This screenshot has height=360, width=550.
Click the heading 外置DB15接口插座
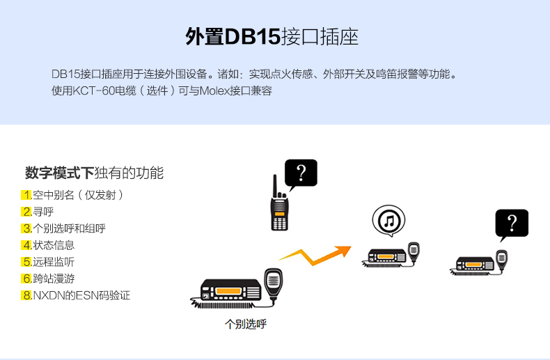point(272,36)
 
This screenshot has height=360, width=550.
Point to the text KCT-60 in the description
point(94,91)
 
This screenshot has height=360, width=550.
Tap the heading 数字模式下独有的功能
point(95,173)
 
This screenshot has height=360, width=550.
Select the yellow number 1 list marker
point(26,195)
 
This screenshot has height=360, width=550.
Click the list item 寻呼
point(43,212)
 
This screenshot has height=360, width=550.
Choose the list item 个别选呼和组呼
point(69,228)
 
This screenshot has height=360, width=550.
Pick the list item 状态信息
point(54,245)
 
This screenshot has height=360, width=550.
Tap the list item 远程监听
point(54,262)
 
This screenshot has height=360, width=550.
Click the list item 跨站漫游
point(54,279)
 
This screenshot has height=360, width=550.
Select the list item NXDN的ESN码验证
point(81,295)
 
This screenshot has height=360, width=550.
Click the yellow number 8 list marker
point(26,295)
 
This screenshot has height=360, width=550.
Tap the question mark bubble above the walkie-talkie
point(301,173)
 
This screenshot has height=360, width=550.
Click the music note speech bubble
point(388,221)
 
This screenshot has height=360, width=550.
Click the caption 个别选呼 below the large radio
point(246,324)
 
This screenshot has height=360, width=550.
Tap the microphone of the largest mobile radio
point(273,283)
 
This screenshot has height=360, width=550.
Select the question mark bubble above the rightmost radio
point(512,224)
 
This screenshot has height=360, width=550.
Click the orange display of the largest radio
point(228,291)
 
